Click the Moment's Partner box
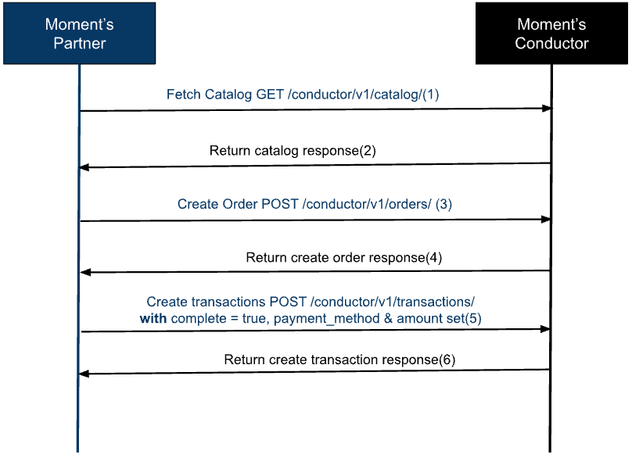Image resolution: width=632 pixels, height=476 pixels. click(79, 33)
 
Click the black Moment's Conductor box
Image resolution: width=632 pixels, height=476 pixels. click(551, 33)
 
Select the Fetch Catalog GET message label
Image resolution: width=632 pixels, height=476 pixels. click(303, 95)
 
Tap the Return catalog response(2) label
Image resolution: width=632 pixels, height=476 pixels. click(293, 151)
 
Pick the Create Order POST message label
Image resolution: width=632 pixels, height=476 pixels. click(314, 204)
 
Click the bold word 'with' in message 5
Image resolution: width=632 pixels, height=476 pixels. click(153, 318)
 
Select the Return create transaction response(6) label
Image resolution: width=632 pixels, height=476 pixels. click(339, 360)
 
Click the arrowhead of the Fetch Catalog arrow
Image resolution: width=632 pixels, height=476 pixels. click(547, 109)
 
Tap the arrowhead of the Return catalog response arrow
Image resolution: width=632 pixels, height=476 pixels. click(84, 167)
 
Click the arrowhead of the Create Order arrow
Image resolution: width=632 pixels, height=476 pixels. click(547, 220)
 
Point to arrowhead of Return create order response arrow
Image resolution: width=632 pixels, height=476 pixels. click(84, 272)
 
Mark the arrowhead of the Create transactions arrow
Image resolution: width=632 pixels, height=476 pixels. click(547, 330)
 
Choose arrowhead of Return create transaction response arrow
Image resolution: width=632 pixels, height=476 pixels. click(84, 374)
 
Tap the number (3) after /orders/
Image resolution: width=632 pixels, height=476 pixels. click(443, 204)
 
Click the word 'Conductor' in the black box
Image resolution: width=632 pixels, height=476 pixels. click(551, 43)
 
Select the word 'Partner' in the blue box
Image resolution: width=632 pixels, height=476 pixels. click(79, 43)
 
